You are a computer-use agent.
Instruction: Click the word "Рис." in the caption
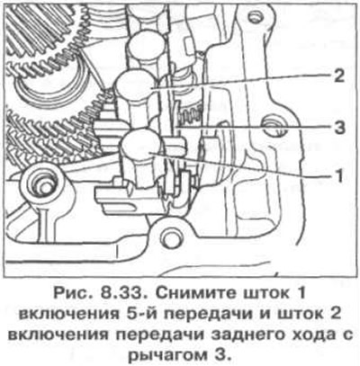[x=72, y=293]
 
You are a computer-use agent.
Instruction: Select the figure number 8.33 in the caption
[x=122, y=293]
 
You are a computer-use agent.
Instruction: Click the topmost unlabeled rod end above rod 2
[x=147, y=43]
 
